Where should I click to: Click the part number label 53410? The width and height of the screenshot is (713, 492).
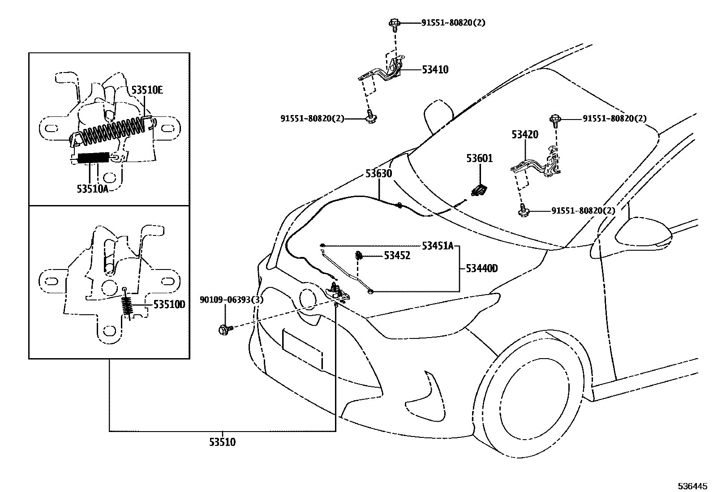(x=434, y=69)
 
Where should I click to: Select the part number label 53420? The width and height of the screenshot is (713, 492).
(x=524, y=134)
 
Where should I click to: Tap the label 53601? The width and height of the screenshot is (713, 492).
(x=479, y=158)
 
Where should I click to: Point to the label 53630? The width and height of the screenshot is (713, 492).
(x=378, y=173)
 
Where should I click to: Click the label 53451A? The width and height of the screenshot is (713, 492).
(x=438, y=245)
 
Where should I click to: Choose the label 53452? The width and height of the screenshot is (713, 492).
(x=397, y=256)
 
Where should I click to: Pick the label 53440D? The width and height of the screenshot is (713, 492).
(x=481, y=268)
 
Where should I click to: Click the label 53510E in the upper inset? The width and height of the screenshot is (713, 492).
(x=147, y=90)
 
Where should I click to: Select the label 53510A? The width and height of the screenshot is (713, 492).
(x=92, y=189)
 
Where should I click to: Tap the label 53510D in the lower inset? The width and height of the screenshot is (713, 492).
(x=169, y=305)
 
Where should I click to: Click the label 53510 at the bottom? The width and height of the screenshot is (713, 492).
(x=222, y=442)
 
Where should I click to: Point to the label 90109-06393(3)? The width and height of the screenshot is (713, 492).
(x=232, y=300)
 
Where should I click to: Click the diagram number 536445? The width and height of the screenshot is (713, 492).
(x=693, y=485)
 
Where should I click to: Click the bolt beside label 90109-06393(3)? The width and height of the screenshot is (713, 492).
(x=225, y=329)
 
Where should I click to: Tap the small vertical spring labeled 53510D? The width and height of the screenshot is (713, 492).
(x=128, y=307)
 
